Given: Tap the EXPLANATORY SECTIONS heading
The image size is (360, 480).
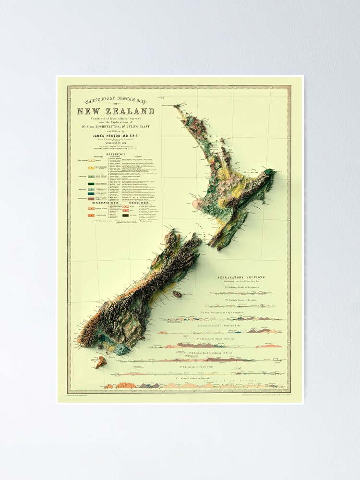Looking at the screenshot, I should coord(242,278).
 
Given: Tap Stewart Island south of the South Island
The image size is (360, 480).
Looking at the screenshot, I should coord(100,362).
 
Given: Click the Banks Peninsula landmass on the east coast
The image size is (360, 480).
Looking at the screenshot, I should coord(177,294).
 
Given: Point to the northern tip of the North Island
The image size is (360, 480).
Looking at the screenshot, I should coord(177,107).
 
